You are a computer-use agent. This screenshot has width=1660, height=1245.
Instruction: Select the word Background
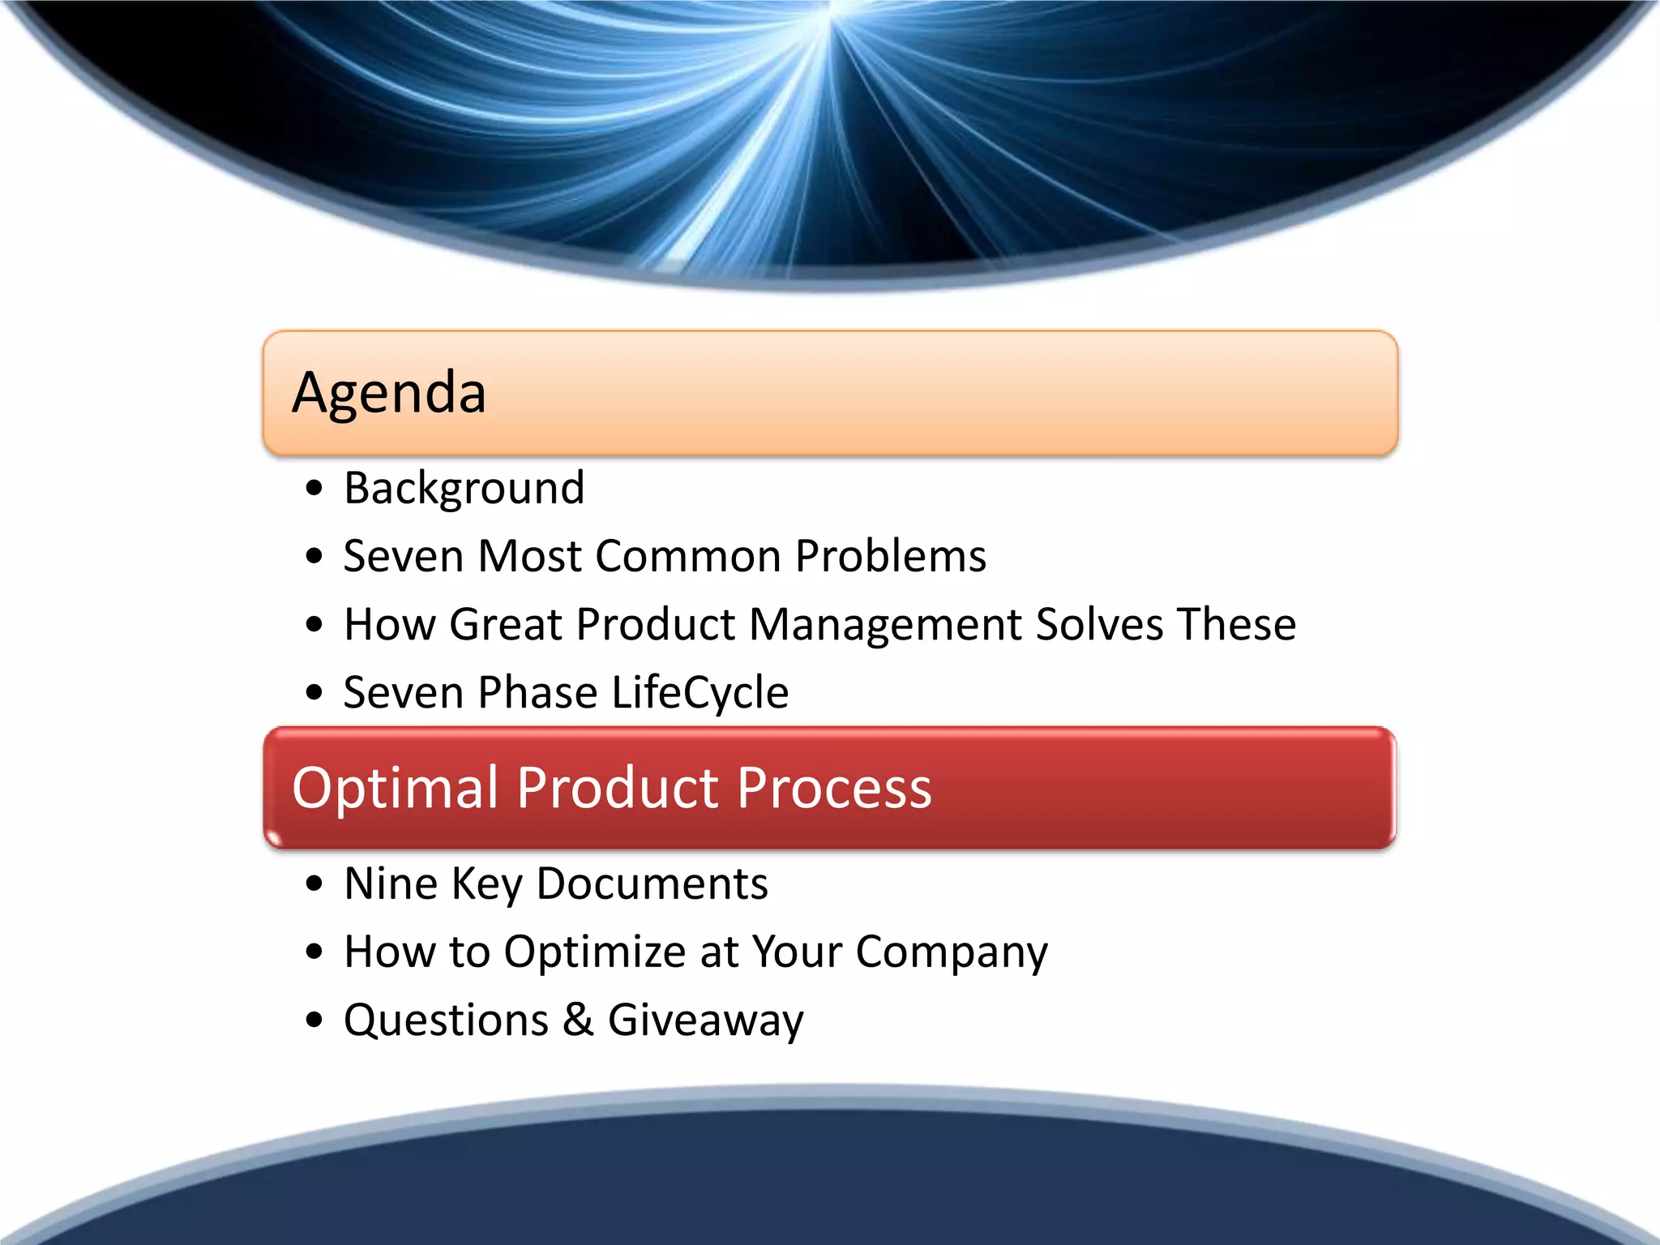(x=464, y=489)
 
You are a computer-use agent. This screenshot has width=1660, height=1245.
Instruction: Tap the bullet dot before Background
(x=314, y=489)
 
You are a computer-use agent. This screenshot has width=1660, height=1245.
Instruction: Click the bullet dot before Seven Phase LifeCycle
(x=314, y=693)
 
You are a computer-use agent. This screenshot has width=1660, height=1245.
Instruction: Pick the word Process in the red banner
(x=834, y=789)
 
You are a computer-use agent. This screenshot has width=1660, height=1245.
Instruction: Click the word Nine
(x=391, y=883)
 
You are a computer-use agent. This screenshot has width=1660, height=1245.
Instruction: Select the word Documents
(x=652, y=883)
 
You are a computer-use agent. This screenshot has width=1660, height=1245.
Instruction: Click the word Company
(x=951, y=952)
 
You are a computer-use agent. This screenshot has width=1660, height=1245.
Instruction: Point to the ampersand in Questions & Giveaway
(x=578, y=1020)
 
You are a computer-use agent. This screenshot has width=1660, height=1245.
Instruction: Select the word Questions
(x=447, y=1020)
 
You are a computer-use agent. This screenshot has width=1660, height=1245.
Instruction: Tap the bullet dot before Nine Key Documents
(x=314, y=883)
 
